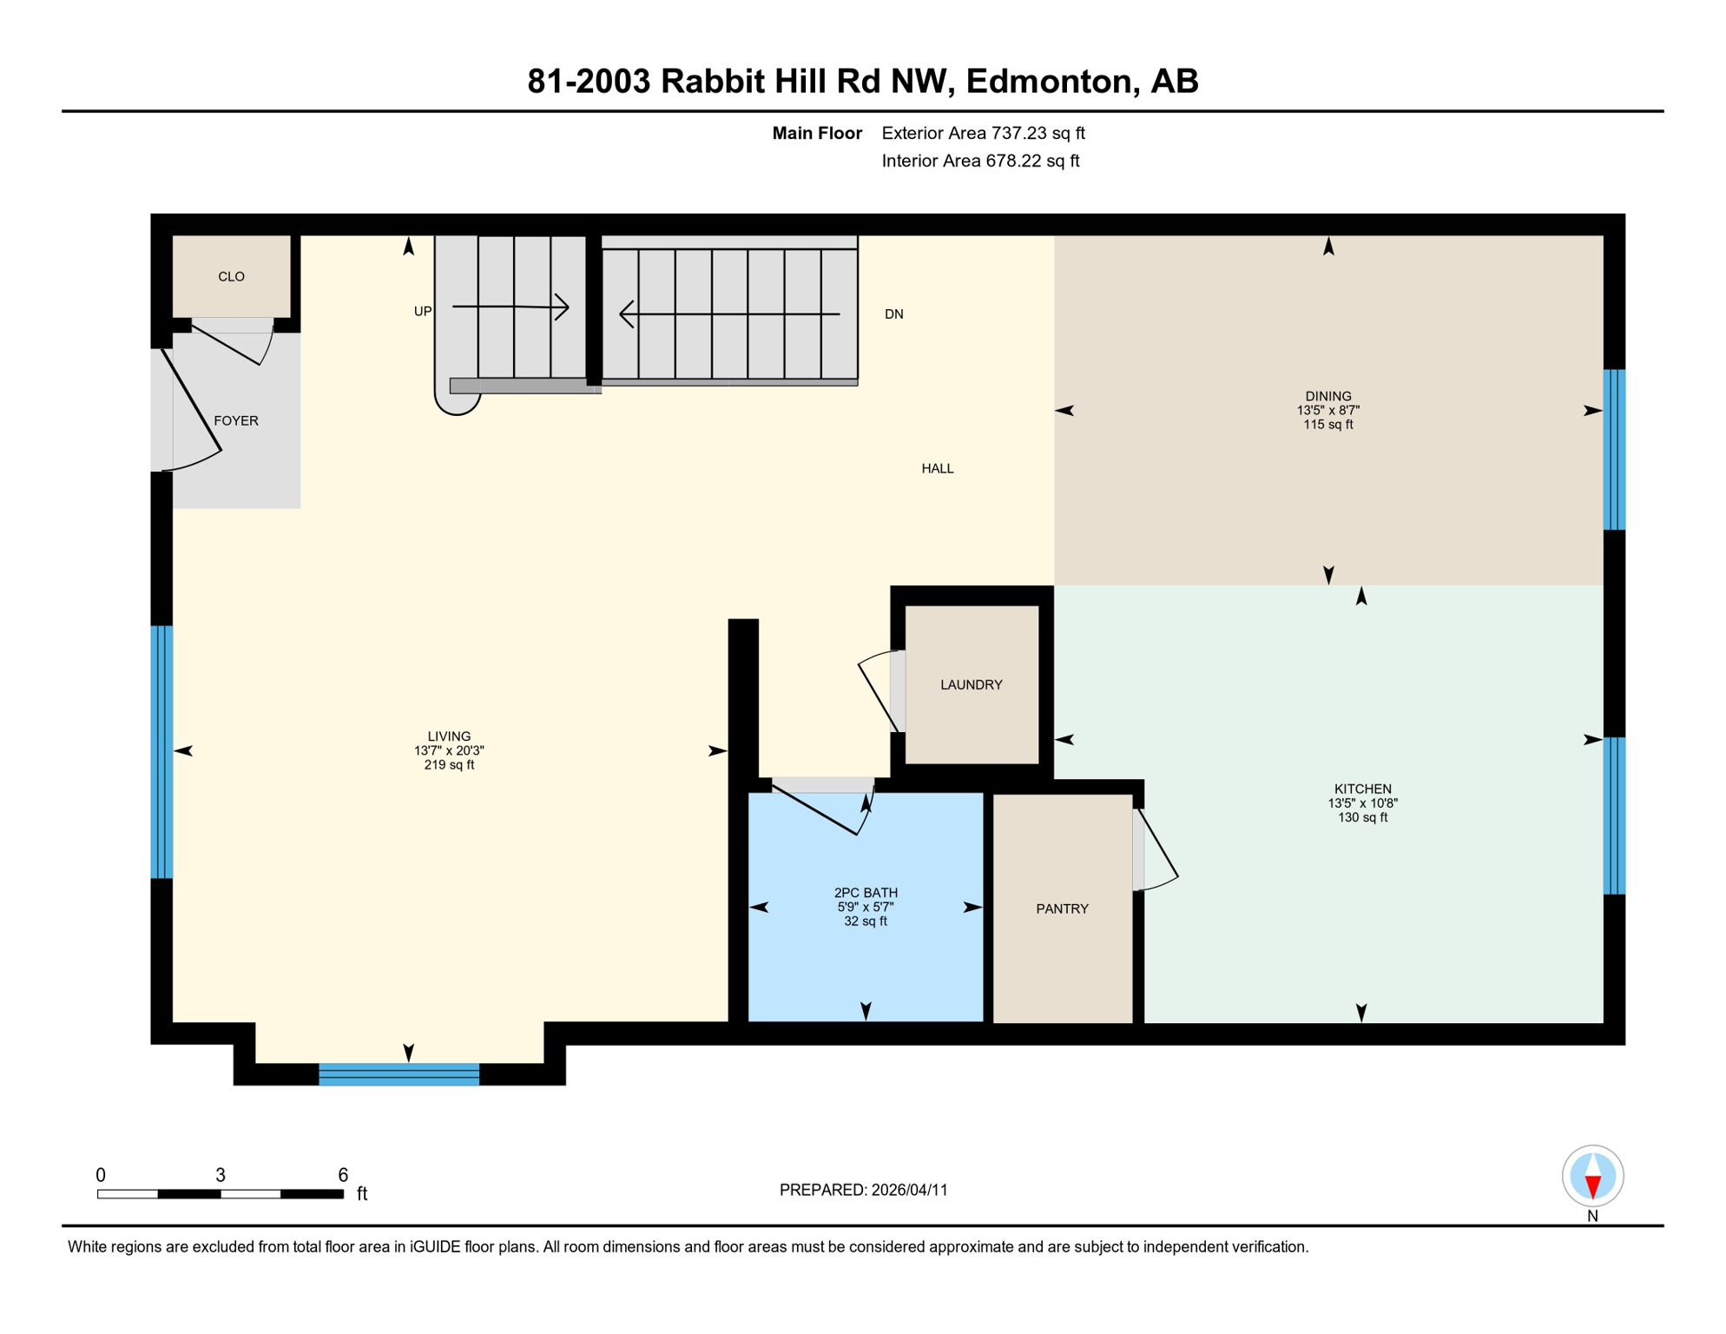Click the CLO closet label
231,277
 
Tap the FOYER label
236,421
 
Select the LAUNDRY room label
972,685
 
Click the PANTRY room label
1062,909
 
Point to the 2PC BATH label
866,893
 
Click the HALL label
938,469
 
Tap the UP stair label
423,312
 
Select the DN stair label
894,314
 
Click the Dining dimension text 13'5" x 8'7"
1328,411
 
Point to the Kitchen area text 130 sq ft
1363,818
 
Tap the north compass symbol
1593,1177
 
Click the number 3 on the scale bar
221,1176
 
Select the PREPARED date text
864,1191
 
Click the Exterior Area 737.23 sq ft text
983,134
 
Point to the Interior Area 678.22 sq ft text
980,162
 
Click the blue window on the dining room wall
1614,450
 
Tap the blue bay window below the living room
399,1075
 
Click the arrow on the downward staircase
729,314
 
